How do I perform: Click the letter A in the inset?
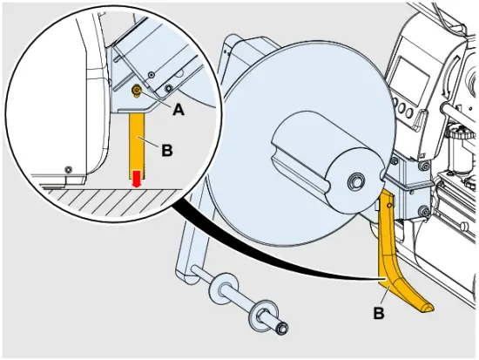[178, 110]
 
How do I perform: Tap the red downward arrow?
[137, 180]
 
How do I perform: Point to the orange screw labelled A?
[136, 90]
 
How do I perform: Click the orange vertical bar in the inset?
[137, 140]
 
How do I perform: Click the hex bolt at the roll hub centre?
[356, 181]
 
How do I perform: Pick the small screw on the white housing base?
[67, 167]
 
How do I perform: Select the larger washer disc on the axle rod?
[221, 288]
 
